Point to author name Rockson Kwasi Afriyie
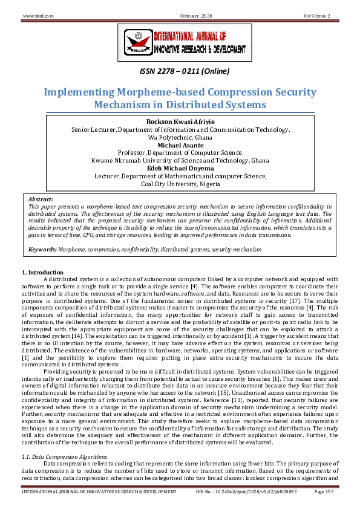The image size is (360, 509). point(180,122)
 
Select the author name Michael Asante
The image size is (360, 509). point(180,145)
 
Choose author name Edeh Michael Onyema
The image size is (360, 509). point(180,168)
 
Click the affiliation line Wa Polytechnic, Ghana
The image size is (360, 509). point(180,137)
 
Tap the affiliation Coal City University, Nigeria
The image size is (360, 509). point(180,184)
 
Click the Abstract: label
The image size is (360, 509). point(41,199)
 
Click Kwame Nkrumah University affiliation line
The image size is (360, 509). point(180,160)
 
